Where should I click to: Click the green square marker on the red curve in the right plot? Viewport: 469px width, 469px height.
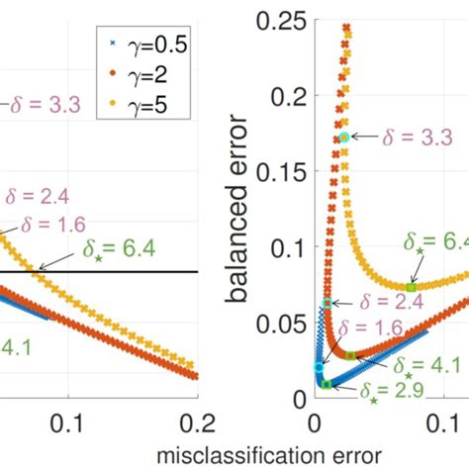click(350, 354)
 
